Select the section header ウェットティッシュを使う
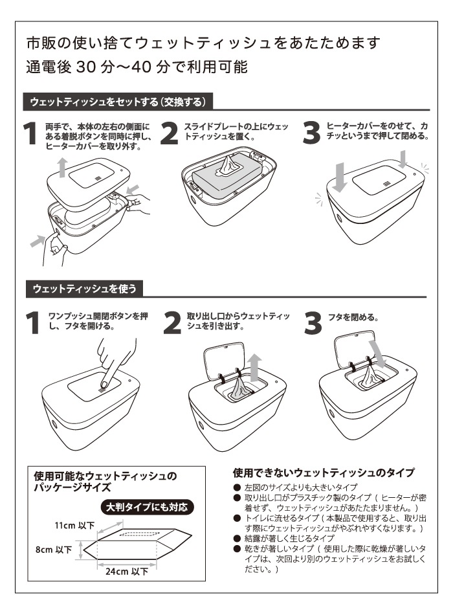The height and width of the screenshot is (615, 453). [83, 287]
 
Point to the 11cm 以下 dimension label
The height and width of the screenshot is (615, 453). [74, 525]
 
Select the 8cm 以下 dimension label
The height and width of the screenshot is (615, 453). [54, 549]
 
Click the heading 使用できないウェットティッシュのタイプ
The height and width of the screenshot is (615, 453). [323, 473]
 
